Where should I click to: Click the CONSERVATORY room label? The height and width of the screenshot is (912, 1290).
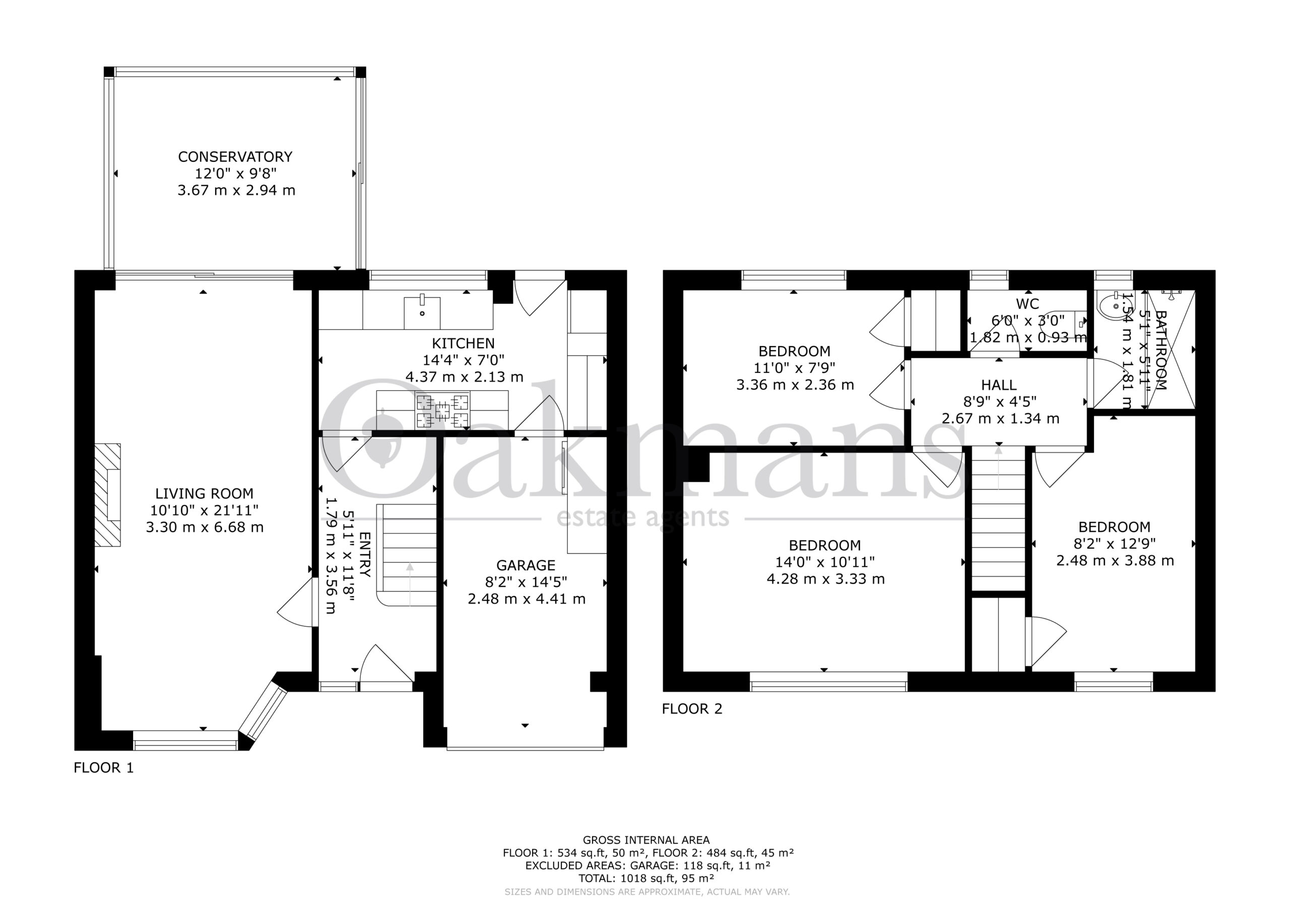tap(235, 156)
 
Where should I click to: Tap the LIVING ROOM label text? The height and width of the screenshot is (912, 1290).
tap(204, 493)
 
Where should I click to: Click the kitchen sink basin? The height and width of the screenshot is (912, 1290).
tap(422, 312)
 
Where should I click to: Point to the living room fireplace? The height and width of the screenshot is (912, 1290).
tap(107, 494)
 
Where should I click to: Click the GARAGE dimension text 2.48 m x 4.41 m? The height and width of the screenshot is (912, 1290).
tap(527, 599)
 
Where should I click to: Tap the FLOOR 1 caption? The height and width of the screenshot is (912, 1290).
tap(104, 767)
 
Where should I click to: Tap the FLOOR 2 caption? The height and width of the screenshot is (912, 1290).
tap(692, 708)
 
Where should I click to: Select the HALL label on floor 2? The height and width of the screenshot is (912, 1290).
tap(998, 385)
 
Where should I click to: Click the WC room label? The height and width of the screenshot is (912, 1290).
tap(1027, 304)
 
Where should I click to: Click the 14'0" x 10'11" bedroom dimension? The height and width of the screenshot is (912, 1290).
tap(825, 562)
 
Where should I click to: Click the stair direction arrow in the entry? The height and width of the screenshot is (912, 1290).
tap(410, 584)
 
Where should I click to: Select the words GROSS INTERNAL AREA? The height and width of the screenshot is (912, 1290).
tap(646, 840)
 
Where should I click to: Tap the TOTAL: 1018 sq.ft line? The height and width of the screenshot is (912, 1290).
tap(646, 878)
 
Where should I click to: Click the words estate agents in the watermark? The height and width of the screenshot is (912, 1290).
tap(643, 517)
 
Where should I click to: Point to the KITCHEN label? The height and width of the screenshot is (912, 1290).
tap(463, 343)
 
